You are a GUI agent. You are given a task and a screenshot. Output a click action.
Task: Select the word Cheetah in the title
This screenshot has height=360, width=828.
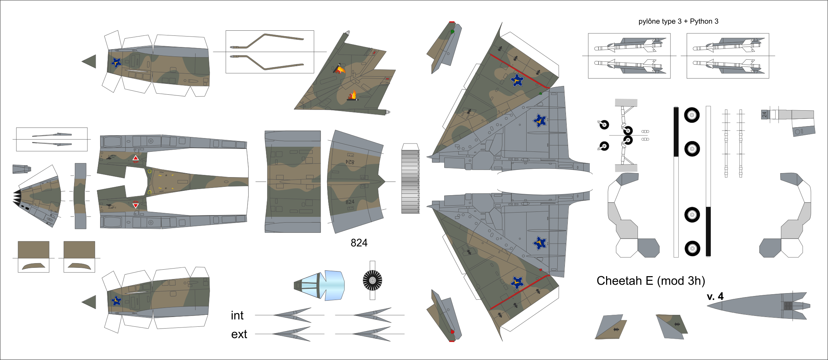pos(625,281)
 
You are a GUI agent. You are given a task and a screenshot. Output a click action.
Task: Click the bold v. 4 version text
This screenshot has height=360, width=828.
pos(715,297)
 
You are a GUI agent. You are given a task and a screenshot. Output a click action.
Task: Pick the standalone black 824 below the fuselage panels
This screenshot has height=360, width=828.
pos(359,243)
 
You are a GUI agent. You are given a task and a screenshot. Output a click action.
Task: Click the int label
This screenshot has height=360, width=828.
pos(237,316)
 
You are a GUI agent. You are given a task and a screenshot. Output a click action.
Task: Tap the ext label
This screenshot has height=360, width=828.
pos(239,334)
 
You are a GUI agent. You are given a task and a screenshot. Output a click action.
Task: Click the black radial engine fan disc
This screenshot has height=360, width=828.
pos(372,280)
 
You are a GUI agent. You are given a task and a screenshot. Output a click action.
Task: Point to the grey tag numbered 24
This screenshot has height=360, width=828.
pos(764,115)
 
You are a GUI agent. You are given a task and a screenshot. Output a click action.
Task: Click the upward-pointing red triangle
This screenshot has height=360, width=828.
pos(136,158)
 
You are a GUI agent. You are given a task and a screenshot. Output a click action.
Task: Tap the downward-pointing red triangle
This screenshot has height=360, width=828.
pos(136,206)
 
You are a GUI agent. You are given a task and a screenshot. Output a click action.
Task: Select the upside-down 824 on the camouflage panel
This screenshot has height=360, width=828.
pos(350,162)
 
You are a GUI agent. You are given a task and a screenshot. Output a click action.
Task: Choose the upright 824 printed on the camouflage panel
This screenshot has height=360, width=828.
pos(350,202)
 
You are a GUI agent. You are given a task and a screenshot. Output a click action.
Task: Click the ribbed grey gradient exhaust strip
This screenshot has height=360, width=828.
pos(410,181)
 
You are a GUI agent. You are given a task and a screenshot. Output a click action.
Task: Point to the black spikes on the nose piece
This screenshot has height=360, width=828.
pos(17,197)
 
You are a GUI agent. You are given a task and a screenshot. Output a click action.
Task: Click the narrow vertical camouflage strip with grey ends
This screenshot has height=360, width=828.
pos(80,196)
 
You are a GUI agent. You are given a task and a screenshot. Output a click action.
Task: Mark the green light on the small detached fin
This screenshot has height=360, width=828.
pos(452,32)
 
